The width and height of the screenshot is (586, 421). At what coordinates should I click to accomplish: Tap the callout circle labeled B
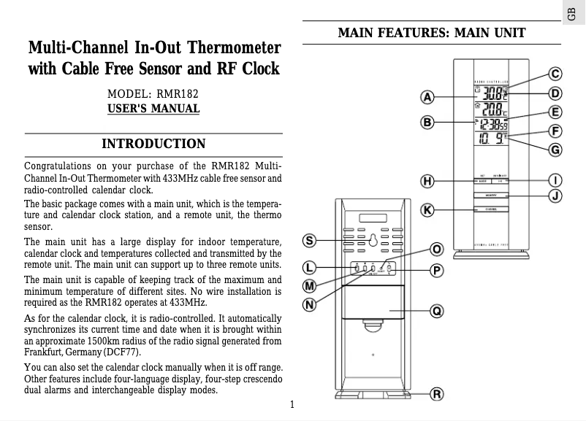click(428, 122)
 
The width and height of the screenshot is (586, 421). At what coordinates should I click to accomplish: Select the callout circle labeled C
click(556, 74)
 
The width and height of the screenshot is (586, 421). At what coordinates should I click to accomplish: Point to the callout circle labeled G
click(556, 150)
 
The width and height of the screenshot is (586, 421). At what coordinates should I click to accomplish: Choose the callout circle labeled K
click(428, 210)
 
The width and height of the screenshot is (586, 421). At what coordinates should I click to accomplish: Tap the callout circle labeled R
click(436, 395)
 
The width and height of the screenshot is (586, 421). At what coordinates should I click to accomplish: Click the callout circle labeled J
click(556, 195)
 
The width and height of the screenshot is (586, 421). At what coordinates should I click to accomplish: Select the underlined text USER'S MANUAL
click(153, 109)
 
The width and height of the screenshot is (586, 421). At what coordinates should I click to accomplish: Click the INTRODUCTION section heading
click(153, 143)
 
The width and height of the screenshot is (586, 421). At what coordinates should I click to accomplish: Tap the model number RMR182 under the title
click(174, 94)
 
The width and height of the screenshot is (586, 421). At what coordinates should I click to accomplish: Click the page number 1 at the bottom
click(292, 405)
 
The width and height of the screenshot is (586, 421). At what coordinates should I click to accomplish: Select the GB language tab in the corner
click(576, 12)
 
